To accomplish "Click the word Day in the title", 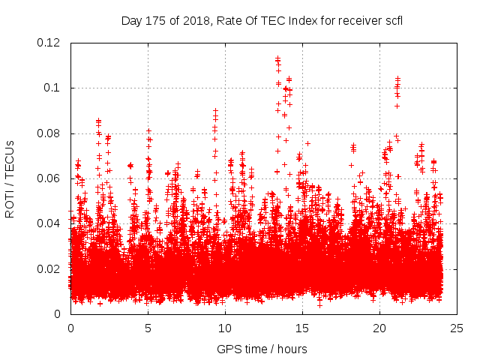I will [x=131, y=21].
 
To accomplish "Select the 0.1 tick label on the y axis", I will [x=54, y=88].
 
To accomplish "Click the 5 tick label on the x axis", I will [x=148, y=328].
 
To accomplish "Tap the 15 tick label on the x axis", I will [x=302, y=328].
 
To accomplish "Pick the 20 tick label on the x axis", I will [x=379, y=328].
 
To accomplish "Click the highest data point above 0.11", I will [x=277, y=58].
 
